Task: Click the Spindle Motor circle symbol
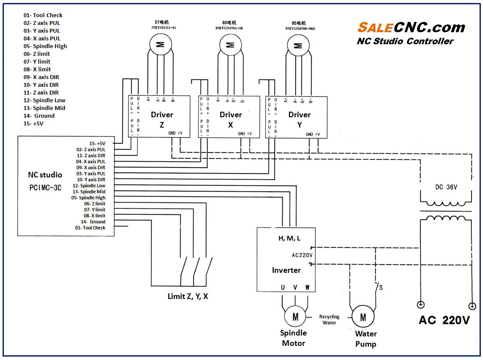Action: point(295,317)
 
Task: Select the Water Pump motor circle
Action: point(363,317)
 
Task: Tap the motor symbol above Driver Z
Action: point(160,44)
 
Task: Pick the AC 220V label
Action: point(444,320)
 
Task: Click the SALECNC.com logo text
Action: point(411,27)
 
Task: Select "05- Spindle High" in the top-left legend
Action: point(45,46)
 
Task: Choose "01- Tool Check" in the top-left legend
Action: point(43,15)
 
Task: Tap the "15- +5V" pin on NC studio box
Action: point(97,143)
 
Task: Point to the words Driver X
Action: point(231,119)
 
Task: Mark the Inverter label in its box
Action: point(286,270)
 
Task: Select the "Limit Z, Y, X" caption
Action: point(188,296)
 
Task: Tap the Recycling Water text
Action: point(329,320)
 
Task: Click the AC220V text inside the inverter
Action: point(302,255)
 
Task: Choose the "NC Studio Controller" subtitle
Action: point(405,41)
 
